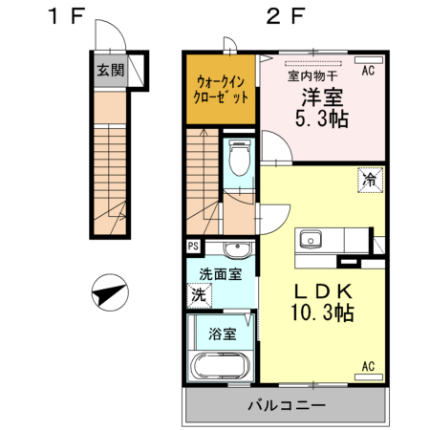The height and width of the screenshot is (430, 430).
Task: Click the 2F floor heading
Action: tap(286, 16)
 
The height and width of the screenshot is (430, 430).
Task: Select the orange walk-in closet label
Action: tap(222, 90)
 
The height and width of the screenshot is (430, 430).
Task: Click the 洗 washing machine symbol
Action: tap(198, 296)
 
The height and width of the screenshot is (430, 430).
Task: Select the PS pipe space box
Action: tap(194, 247)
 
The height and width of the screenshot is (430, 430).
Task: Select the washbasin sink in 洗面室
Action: tap(236, 251)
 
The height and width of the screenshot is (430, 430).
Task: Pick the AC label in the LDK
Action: tap(368, 366)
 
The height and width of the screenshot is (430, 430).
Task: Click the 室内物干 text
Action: tap(312, 74)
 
